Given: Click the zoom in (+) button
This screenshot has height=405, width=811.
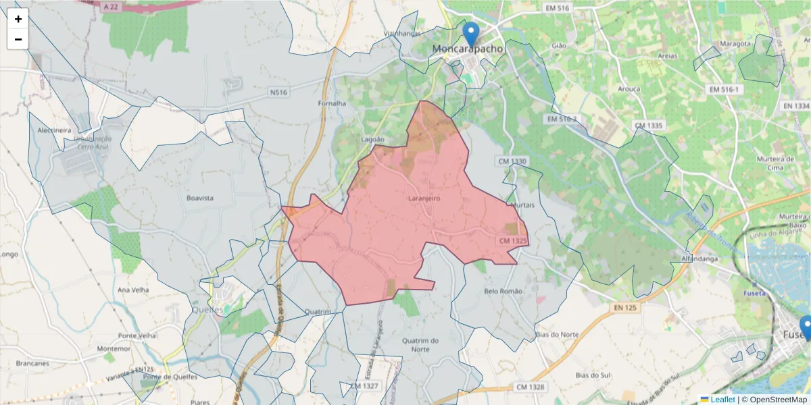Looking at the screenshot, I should [18, 19].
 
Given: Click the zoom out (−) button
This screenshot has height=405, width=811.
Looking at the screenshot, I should [18, 39].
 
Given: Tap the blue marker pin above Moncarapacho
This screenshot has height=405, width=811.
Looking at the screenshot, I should [470, 34].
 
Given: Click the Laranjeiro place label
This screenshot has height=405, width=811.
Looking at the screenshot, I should [424, 198].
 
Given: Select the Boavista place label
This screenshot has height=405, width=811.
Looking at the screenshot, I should [200, 198].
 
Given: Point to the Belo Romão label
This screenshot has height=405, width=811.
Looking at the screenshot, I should [503, 291].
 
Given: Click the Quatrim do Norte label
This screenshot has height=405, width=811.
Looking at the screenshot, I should [420, 344].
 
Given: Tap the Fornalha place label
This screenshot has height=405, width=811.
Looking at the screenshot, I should [332, 103].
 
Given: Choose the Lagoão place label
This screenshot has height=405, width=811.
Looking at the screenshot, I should [373, 138].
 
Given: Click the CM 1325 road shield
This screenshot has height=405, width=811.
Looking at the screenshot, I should [513, 241].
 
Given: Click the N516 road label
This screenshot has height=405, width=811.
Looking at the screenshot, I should [277, 92].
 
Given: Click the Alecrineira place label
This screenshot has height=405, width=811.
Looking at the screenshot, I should [55, 130].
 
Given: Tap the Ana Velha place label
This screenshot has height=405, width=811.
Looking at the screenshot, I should [132, 290].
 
